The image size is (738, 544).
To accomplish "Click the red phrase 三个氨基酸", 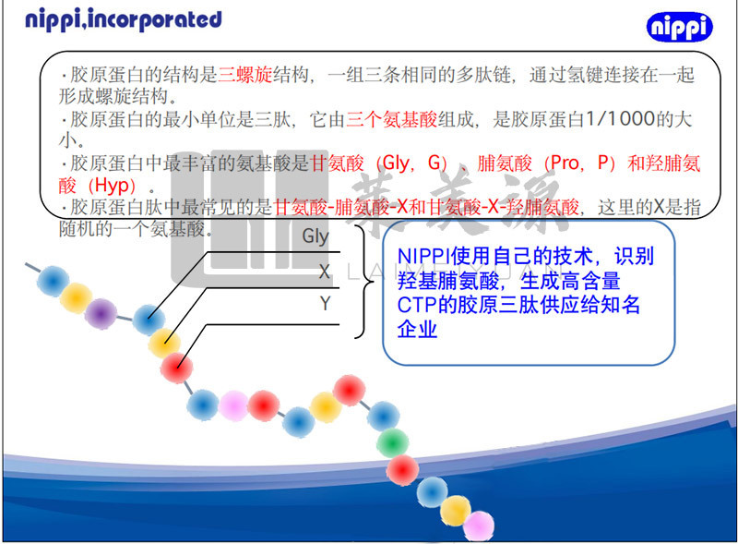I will click(x=387, y=120).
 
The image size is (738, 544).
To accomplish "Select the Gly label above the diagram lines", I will click(x=315, y=236).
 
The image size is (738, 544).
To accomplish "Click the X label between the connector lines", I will click(x=324, y=272).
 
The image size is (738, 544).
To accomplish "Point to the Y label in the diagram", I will click(x=325, y=303).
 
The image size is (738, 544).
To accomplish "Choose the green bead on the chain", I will click(x=393, y=441).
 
